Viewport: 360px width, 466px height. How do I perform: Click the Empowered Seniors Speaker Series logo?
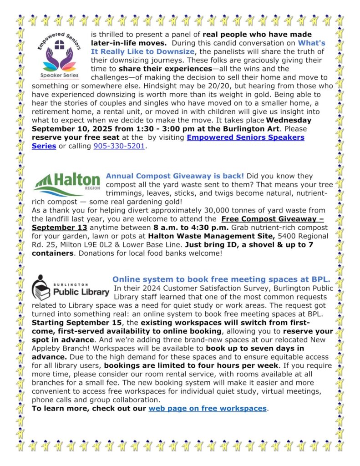tap(58, 56)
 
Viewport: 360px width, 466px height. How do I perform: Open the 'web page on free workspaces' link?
tap(208, 408)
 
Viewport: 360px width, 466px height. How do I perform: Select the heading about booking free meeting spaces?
tap(221, 279)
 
